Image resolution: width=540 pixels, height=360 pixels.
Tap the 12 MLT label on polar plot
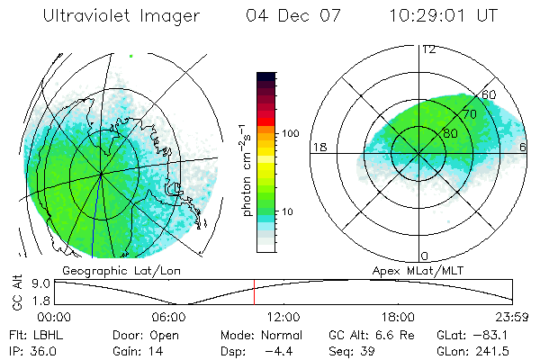point(428,49)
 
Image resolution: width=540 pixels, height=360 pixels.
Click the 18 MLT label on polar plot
point(319,146)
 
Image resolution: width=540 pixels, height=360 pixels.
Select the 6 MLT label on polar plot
point(524,146)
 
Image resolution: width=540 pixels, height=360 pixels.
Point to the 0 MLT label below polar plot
point(425,256)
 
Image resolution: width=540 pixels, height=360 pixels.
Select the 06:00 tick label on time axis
point(168,317)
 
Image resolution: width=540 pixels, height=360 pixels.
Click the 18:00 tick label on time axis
point(398,317)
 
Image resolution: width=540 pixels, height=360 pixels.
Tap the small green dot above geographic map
point(131,57)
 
